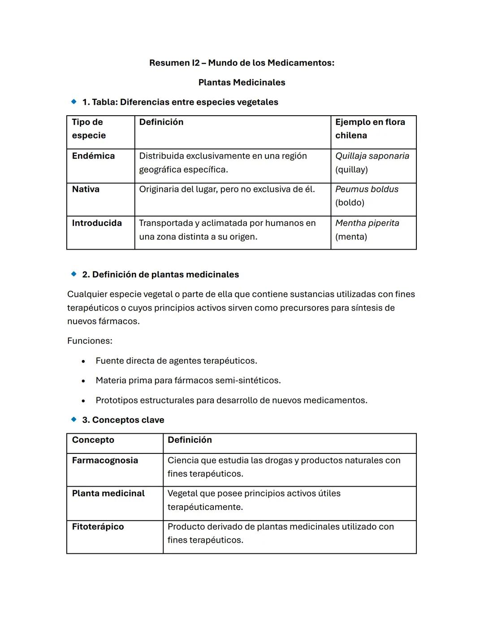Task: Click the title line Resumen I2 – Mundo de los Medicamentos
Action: [x=242, y=63]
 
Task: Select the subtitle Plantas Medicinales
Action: [x=242, y=82]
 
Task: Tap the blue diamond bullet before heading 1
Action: [x=74, y=102]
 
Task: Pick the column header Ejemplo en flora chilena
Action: [x=370, y=129]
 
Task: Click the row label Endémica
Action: [x=93, y=156]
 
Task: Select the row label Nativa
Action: [x=86, y=189]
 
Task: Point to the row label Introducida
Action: [x=97, y=223]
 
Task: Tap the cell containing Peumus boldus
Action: [x=367, y=196]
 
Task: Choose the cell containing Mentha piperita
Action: [x=367, y=229]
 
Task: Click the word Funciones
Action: [x=90, y=341]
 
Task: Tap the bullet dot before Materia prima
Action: [x=83, y=381]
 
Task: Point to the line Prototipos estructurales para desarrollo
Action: [x=231, y=400]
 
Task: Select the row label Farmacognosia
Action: [x=105, y=460]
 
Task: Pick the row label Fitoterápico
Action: [x=98, y=527]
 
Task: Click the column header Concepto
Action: [x=93, y=440]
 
